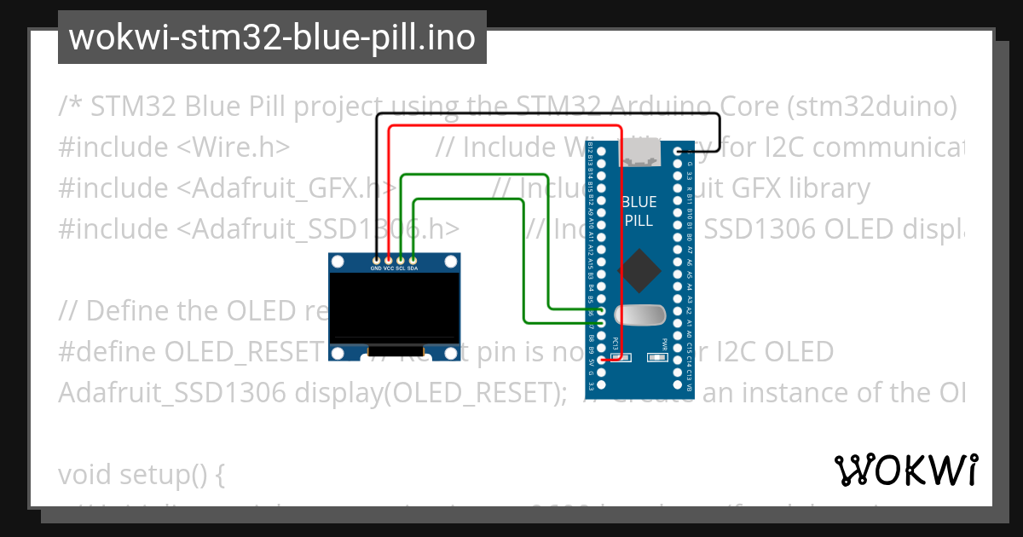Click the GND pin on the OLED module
pyautogui.click(x=376, y=258)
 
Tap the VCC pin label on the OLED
pyautogui.click(x=389, y=268)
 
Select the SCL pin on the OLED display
pyautogui.click(x=401, y=258)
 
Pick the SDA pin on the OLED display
pyautogui.click(x=413, y=258)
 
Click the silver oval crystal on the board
pyautogui.click(x=639, y=315)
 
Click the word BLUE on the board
pyautogui.click(x=639, y=202)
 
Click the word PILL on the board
pyautogui.click(x=639, y=220)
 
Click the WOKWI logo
pyautogui.click(x=905, y=470)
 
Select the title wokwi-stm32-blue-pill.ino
pyautogui.click(x=272, y=38)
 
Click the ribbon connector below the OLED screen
pyautogui.click(x=395, y=350)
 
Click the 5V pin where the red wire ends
pyautogui.click(x=602, y=361)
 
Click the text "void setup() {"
pyautogui.click(x=141, y=474)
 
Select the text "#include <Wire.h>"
pyautogui.click(x=175, y=147)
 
